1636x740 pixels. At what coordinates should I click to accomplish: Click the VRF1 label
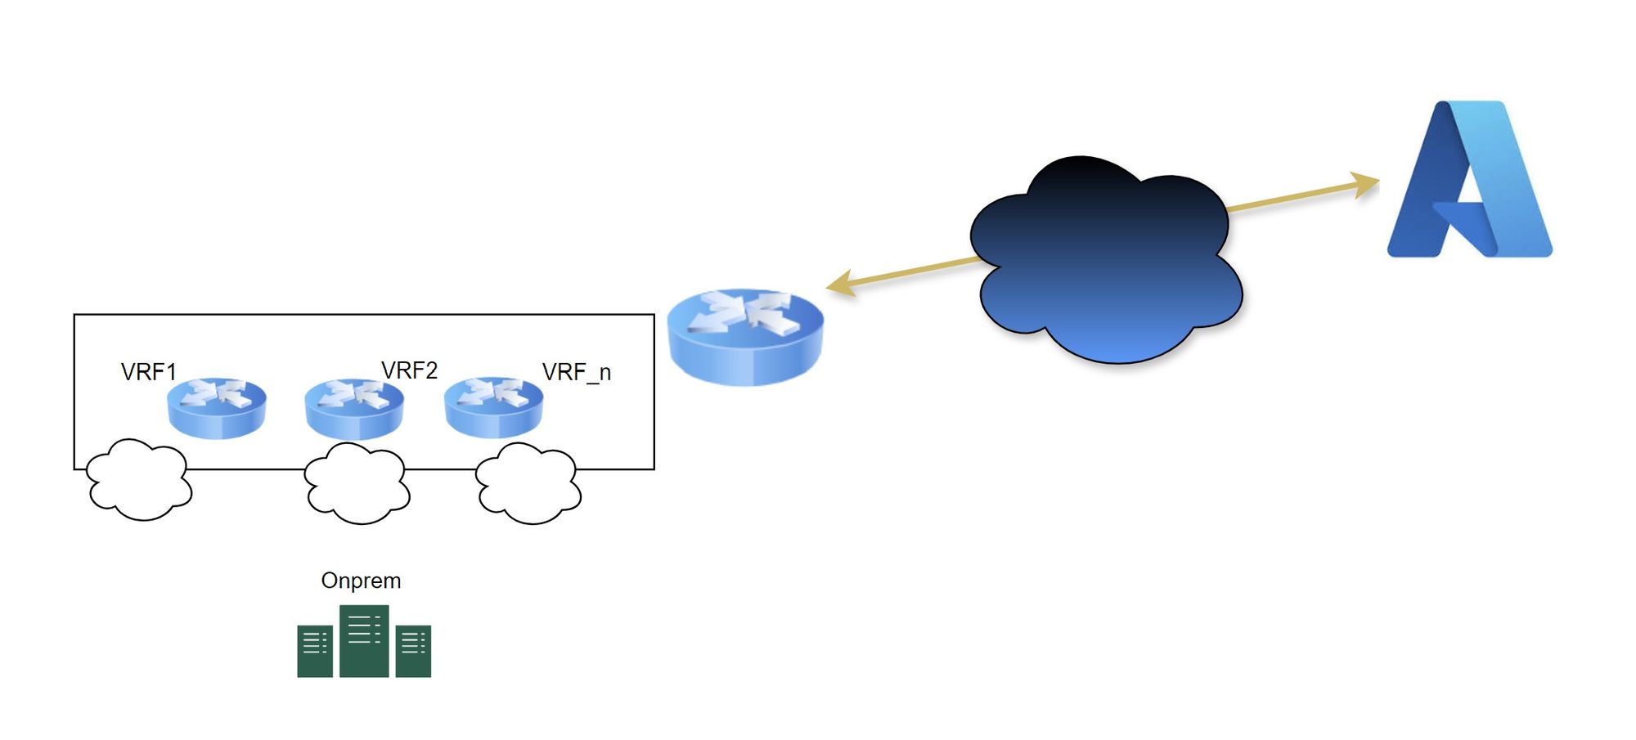coord(148,372)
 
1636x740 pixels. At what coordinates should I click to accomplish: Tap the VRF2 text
coord(409,370)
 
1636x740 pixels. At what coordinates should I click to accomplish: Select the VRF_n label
coord(577,373)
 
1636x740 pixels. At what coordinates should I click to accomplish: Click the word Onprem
coord(361,581)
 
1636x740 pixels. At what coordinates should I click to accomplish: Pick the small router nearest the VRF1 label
coord(217,408)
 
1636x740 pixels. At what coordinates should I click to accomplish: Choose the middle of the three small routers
coord(354,409)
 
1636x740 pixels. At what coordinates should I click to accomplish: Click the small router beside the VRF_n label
coord(493,407)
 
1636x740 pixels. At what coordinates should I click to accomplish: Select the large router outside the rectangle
coord(745,337)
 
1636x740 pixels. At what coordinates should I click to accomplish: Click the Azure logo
coord(1469,179)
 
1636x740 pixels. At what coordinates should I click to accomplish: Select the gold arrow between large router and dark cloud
coord(903,273)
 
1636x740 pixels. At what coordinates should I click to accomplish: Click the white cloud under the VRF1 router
coord(139,479)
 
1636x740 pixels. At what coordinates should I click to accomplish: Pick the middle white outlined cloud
coord(357,483)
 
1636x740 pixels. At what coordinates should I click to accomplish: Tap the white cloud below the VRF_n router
coord(528,483)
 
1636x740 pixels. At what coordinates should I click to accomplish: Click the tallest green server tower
coord(364,641)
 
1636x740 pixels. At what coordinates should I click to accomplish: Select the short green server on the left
coord(315,651)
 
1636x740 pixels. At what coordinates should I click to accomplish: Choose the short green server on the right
coord(413,651)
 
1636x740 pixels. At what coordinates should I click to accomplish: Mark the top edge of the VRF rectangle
coord(364,314)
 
